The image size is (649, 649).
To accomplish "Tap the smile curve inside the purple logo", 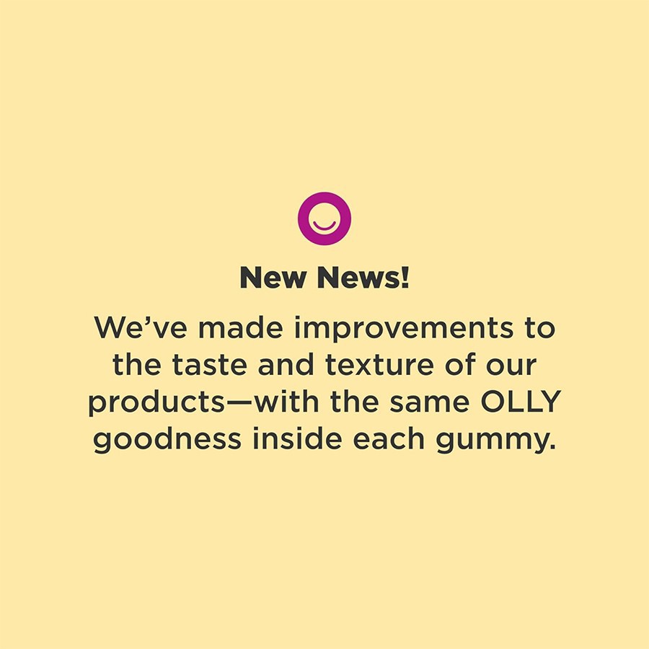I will pos(324,226).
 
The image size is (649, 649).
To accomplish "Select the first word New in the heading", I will pos(275,278).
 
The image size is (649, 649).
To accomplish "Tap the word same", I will pos(423,402).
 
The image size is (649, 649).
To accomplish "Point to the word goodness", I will pos(168,440).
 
